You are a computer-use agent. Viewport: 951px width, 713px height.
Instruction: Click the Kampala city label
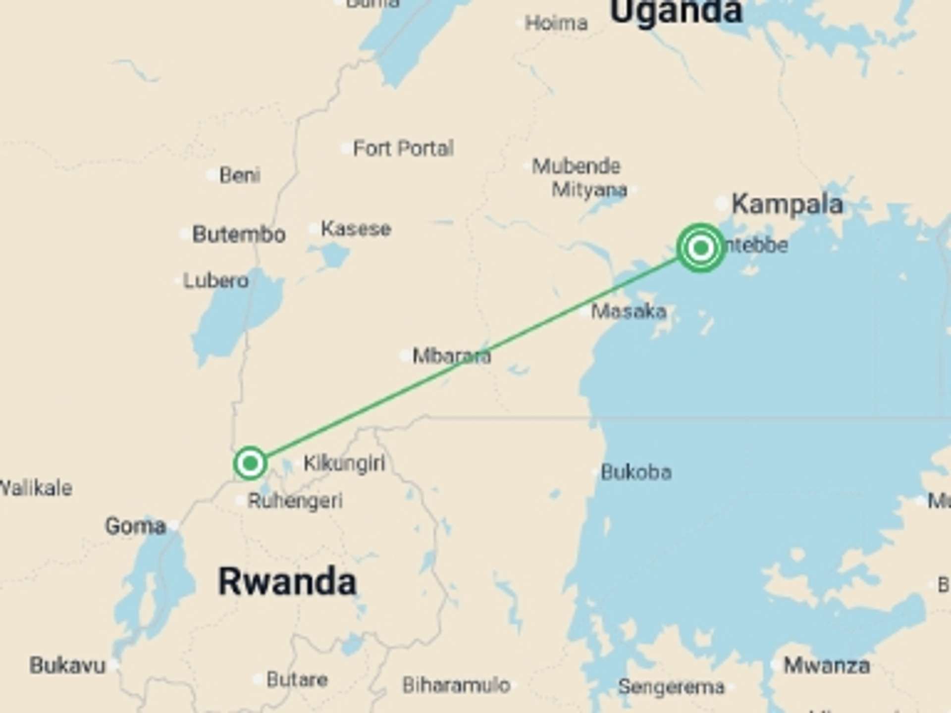pyautogui.click(x=787, y=204)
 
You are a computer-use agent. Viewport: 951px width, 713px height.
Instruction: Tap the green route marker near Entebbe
pyautogui.click(x=700, y=248)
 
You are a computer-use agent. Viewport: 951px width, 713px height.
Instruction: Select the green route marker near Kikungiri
pyautogui.click(x=250, y=463)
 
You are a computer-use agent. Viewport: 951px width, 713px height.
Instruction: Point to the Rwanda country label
pyautogui.click(x=287, y=582)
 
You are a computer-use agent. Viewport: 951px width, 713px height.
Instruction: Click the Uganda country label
pyautogui.click(x=676, y=11)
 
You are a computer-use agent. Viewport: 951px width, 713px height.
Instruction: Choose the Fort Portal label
pyautogui.click(x=403, y=148)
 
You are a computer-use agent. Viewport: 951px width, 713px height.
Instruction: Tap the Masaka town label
pyautogui.click(x=629, y=311)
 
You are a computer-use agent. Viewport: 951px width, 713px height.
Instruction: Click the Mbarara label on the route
pyautogui.click(x=451, y=356)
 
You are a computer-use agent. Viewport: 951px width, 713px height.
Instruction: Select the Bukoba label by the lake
pyautogui.click(x=636, y=472)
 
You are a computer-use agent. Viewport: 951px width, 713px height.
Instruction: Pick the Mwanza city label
pyautogui.click(x=826, y=665)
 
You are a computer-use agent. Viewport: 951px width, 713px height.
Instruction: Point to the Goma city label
pyautogui.click(x=135, y=526)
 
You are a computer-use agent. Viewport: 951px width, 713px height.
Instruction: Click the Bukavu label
pyautogui.click(x=68, y=665)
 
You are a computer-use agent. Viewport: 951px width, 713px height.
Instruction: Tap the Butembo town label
pyautogui.click(x=239, y=234)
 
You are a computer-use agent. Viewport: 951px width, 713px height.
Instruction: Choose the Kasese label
pyautogui.click(x=356, y=229)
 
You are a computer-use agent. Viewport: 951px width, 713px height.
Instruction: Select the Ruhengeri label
pyautogui.click(x=295, y=501)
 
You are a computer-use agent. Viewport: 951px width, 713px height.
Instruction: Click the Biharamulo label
pyautogui.click(x=456, y=685)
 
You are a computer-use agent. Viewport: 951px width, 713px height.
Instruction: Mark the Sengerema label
pyautogui.click(x=671, y=687)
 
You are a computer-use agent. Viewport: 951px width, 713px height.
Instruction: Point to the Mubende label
pyautogui.click(x=576, y=166)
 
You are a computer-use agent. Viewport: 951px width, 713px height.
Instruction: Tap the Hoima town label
pyautogui.click(x=556, y=23)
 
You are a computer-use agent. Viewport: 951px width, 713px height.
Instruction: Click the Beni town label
pyautogui.click(x=240, y=175)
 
